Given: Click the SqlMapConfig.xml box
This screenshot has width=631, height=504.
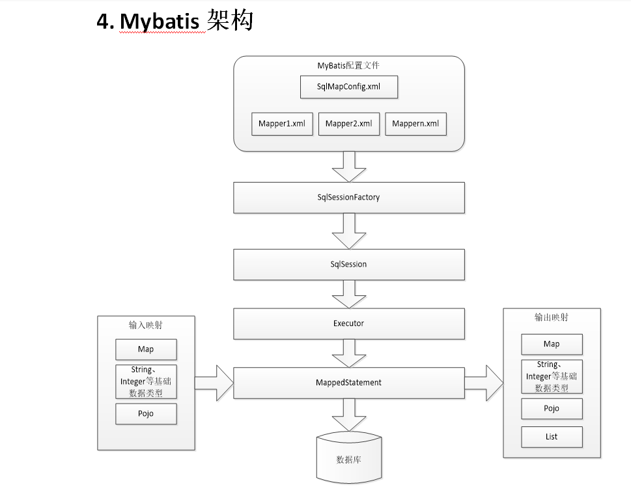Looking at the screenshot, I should (x=348, y=87).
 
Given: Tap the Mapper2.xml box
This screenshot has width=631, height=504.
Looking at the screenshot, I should (x=349, y=124).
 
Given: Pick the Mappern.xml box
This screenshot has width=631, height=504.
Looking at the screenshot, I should (x=415, y=124).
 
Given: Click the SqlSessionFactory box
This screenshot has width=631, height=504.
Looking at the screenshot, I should (x=349, y=197).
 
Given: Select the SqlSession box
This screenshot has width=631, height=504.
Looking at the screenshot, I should (x=349, y=264).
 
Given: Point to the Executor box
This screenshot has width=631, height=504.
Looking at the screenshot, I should (x=349, y=323).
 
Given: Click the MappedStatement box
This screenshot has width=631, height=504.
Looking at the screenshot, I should (x=349, y=383).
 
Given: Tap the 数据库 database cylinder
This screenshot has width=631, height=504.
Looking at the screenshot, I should (x=349, y=459).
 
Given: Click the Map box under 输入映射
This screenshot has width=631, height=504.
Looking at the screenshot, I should (x=146, y=349).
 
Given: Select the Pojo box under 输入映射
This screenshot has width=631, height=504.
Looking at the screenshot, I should (x=146, y=414).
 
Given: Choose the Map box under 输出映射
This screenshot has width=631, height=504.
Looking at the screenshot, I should (x=552, y=344).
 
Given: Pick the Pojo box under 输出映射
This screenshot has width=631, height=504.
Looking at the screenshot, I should (x=552, y=409).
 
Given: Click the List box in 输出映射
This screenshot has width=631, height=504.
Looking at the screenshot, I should (x=552, y=437).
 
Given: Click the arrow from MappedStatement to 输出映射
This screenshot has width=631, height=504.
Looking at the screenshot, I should (x=484, y=383).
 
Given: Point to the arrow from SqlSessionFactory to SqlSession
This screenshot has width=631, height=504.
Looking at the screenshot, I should (x=349, y=231).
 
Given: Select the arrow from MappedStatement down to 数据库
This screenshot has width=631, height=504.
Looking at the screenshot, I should (x=349, y=415).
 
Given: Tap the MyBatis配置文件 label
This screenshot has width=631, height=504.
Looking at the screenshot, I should (x=349, y=65).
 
